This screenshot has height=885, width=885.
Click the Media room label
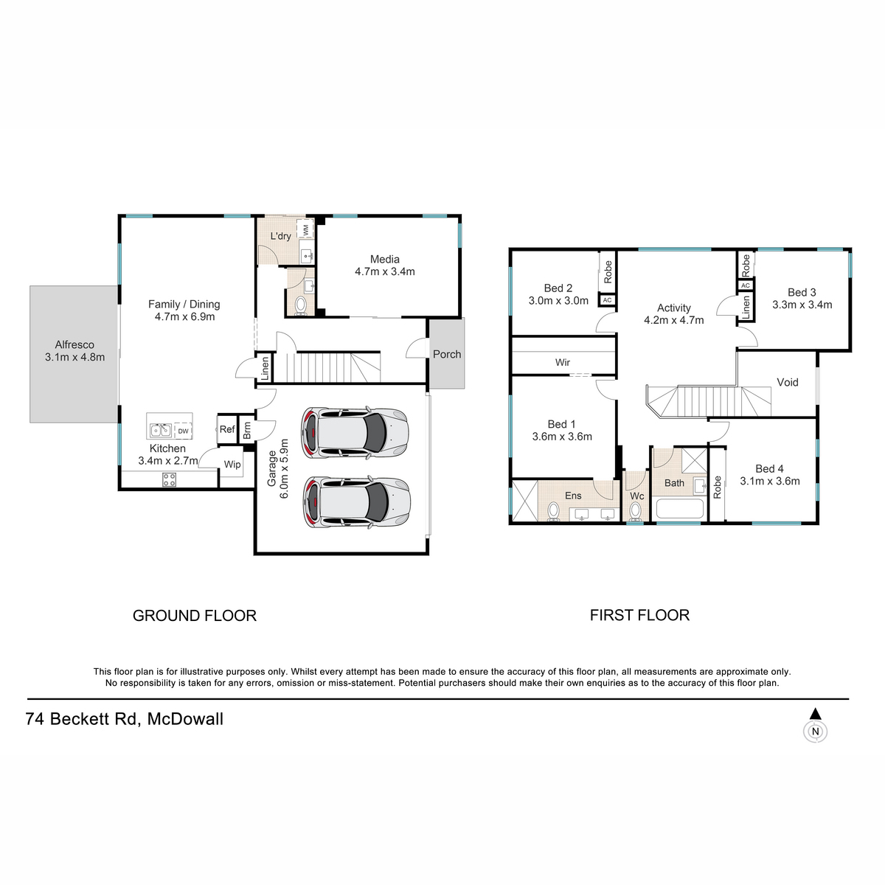[384, 259]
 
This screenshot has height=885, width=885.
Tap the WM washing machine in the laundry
[305, 228]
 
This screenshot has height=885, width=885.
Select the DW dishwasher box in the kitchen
[183, 431]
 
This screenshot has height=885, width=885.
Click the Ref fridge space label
[227, 429]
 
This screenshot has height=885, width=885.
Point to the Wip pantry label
[232, 465]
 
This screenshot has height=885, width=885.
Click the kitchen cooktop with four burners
[169, 479]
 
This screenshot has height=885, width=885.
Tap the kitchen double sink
[161, 430]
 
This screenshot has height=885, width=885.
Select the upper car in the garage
[355, 432]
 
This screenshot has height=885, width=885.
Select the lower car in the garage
[356, 502]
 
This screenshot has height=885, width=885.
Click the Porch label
[447, 354]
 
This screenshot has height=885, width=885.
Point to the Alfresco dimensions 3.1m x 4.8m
[75, 357]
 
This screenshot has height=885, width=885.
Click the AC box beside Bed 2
[607, 300]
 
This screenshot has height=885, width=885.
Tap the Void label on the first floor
[787, 382]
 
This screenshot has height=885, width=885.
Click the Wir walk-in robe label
[563, 362]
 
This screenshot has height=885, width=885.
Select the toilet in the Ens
[553, 512]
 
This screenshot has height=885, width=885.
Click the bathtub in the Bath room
[680, 508]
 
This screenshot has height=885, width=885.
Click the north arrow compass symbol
[815, 726]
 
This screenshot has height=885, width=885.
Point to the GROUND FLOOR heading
[195, 615]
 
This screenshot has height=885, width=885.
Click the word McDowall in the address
[185, 719]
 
